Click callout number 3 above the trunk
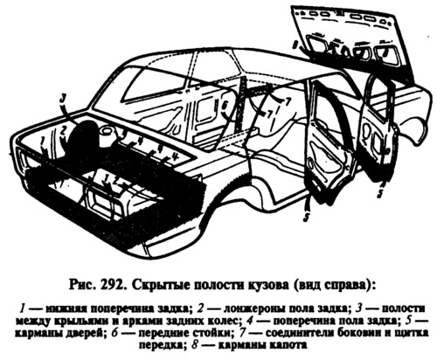tap(62, 99)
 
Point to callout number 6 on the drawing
tap(224, 107)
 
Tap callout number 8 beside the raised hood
tap(295, 45)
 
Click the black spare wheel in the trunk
tap(83, 136)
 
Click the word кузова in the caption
tap(267, 285)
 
